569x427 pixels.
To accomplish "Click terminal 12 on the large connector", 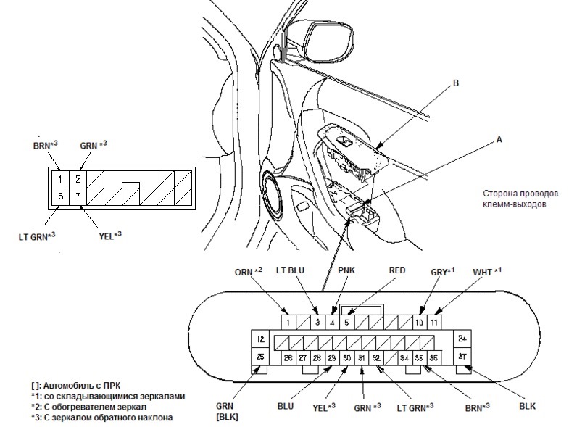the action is click(260, 339).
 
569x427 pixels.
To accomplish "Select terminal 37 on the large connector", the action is click(462, 357).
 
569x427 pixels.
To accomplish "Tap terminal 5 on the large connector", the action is click(346, 323).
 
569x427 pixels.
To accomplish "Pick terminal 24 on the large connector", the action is click(462, 339).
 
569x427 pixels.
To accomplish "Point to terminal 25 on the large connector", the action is click(260, 357).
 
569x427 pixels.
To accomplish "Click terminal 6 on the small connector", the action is click(60, 196).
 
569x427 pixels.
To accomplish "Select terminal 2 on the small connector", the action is click(78, 179).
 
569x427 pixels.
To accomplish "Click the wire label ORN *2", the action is click(249, 272).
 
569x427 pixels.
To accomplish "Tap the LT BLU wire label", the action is click(291, 270).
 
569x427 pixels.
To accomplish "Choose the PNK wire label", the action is click(346, 270).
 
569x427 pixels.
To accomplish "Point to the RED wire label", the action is click(397, 270).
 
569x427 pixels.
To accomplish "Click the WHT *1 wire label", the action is click(487, 272).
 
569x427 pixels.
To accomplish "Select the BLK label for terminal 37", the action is click(527, 406).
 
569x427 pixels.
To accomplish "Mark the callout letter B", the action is click(456, 83).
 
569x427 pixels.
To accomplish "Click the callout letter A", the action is click(499, 139).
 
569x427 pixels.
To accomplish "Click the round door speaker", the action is click(273, 194).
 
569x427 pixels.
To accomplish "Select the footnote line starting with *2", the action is click(89, 407).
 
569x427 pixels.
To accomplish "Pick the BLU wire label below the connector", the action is click(286, 406).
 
